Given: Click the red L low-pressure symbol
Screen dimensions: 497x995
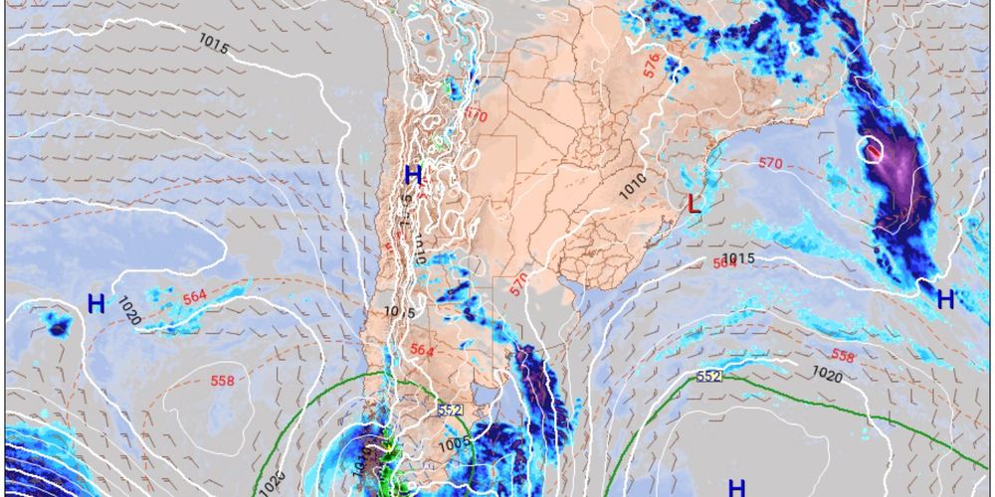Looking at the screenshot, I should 696,204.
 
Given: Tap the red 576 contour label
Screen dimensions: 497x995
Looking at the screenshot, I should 652,67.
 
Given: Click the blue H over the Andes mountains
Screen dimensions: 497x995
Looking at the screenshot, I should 413,177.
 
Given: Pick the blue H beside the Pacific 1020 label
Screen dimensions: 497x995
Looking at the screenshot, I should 96,304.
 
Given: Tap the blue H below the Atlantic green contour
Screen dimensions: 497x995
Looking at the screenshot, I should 736,487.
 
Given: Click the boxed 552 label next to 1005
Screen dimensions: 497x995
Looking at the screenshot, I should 450,409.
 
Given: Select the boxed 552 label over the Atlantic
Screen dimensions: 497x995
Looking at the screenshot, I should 708,376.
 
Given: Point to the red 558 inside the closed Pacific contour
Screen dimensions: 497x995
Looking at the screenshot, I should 222,381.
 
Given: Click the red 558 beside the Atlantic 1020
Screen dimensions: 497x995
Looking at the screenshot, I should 843,356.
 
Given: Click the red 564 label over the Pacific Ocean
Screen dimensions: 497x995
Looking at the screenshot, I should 194,296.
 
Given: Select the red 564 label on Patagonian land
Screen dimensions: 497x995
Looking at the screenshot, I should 423,349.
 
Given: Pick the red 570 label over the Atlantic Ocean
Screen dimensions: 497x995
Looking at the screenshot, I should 771,163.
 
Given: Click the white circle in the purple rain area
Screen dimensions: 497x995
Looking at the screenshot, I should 873,151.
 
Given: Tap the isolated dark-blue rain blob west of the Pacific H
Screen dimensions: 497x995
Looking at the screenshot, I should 58,325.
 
